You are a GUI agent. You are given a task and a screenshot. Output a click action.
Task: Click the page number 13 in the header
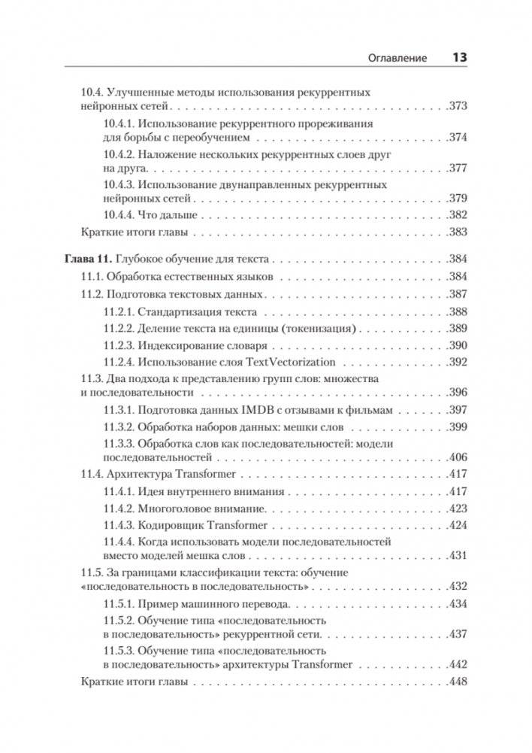pyautogui.click(x=458, y=57)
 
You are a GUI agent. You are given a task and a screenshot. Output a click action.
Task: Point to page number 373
pyautogui.click(x=458, y=107)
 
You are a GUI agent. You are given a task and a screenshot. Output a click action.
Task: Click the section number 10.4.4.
pyautogui.click(x=118, y=214)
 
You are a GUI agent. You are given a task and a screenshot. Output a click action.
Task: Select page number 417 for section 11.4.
pyautogui.click(x=458, y=474)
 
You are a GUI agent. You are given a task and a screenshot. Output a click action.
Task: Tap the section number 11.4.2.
pyautogui.click(x=118, y=508)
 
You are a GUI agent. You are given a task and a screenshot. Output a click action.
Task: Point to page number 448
pyautogui.click(x=458, y=683)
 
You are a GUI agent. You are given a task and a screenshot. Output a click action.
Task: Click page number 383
pyautogui.click(x=458, y=232)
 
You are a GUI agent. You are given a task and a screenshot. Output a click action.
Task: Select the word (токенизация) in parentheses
pyautogui.click(x=322, y=328)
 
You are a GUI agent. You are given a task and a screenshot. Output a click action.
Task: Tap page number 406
pyautogui.click(x=458, y=457)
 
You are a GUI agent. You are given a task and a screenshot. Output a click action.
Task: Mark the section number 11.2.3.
pyautogui.click(x=118, y=345)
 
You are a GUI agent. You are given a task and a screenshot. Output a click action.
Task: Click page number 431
pyautogui.click(x=458, y=556)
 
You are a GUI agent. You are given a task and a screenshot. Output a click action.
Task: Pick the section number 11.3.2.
pyautogui.click(x=118, y=427)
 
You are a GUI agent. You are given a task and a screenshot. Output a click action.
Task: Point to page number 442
pyautogui.click(x=458, y=665)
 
